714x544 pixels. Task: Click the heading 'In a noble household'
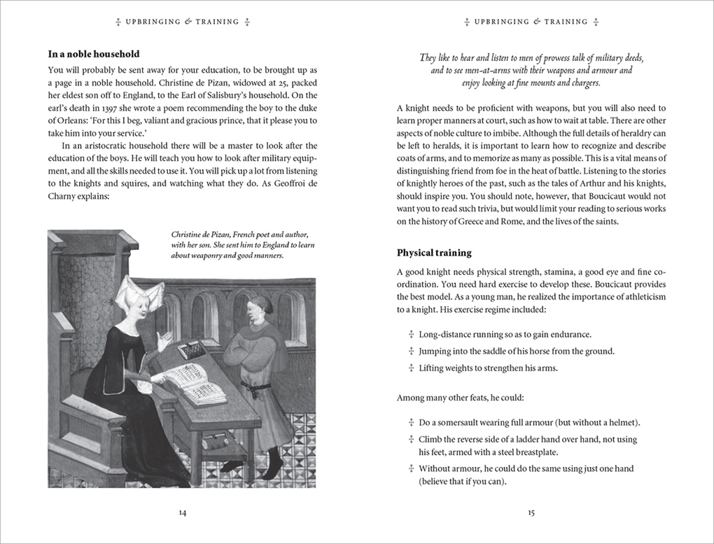coord(94,54)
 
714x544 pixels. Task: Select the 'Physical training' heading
coord(434,253)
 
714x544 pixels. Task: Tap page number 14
coord(182,512)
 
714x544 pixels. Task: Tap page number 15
coord(531,512)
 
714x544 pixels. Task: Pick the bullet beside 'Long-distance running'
coord(411,335)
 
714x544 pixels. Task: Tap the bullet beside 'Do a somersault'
coord(411,423)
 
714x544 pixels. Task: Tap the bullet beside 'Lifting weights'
coord(411,368)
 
